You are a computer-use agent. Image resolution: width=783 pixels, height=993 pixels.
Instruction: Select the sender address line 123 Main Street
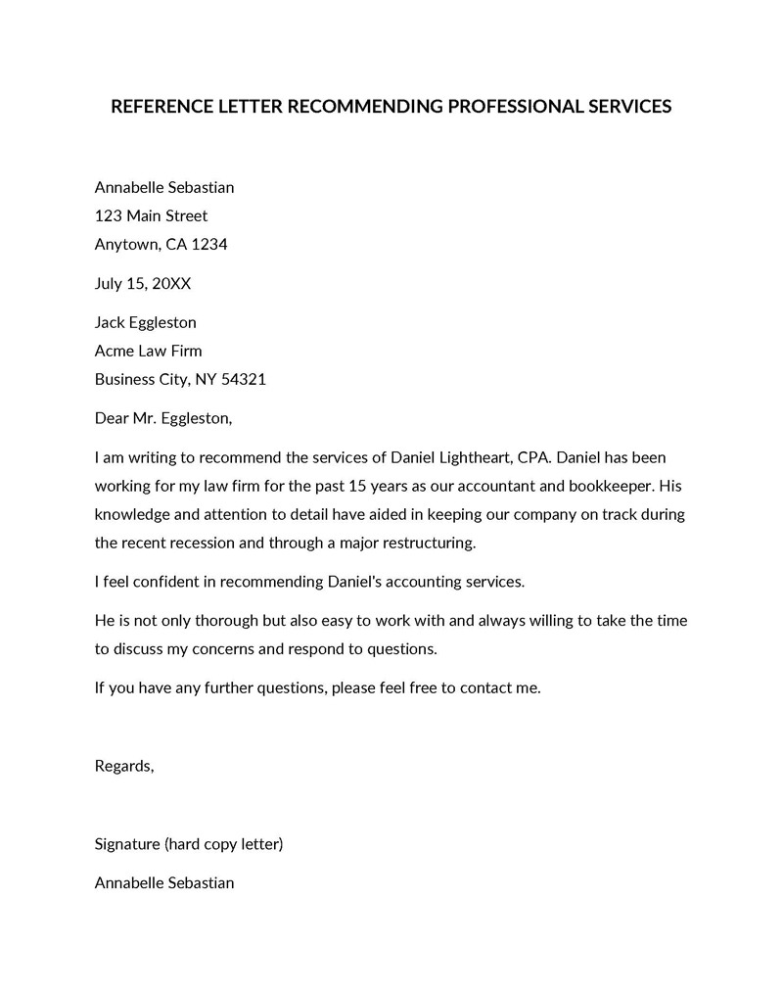(151, 215)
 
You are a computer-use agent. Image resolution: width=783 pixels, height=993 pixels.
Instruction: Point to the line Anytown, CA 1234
(161, 244)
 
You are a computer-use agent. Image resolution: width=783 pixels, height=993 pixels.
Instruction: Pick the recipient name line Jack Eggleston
(146, 322)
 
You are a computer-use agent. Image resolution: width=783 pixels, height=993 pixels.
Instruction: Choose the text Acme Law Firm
(149, 351)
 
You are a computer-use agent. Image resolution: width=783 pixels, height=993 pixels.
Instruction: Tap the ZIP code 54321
(245, 379)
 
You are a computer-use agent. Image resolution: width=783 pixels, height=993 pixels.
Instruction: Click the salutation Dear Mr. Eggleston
(163, 418)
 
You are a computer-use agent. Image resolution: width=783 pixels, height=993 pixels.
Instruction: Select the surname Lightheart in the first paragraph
(471, 457)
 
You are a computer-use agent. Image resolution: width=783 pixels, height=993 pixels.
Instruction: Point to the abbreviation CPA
(534, 457)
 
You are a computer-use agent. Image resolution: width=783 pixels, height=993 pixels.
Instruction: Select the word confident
(168, 581)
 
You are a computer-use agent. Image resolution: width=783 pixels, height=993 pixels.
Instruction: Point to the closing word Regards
(124, 766)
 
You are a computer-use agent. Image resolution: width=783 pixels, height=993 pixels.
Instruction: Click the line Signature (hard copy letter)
(189, 843)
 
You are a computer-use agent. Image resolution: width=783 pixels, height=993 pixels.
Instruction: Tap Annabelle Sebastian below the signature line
(164, 882)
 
